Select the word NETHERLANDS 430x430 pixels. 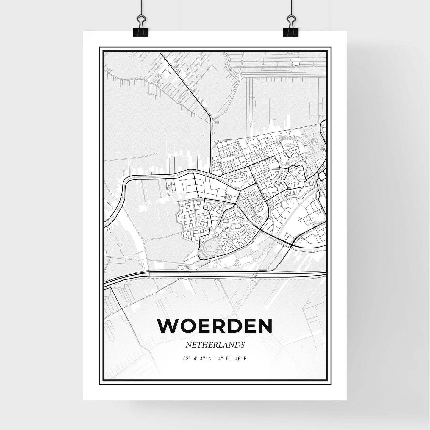click(215, 345)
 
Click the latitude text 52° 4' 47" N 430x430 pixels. click(197, 359)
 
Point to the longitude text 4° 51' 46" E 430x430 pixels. click(232, 359)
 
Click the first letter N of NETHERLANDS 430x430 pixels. click(188, 345)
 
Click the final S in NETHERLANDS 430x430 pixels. click(243, 345)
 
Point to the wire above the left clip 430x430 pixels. click(141, 6)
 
